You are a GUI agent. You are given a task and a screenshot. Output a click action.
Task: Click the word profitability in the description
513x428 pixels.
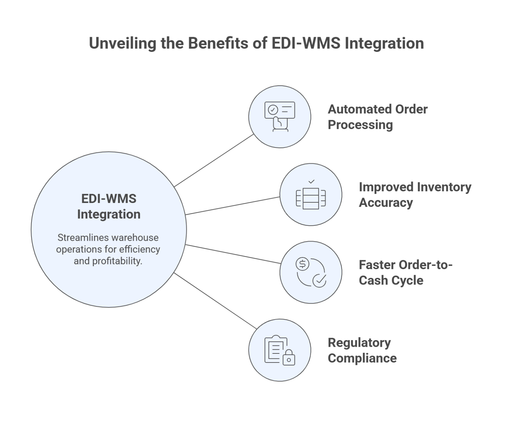[117, 261]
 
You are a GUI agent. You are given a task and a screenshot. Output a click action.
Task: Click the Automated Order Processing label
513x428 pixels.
[377, 117]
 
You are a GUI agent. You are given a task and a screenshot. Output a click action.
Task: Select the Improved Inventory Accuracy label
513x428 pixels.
[414, 195]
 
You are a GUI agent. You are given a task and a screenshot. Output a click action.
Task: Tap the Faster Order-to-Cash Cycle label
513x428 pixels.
[405, 273]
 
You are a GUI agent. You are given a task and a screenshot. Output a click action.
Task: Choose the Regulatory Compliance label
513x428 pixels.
[362, 350]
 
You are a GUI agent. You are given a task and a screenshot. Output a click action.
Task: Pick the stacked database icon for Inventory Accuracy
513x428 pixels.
[311, 199]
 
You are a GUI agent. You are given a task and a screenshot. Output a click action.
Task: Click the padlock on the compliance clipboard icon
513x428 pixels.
[289, 358]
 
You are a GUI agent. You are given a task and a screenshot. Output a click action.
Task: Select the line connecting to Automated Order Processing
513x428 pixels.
[214, 160]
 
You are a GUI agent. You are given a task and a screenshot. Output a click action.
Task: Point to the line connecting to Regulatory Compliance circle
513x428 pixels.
[214, 300]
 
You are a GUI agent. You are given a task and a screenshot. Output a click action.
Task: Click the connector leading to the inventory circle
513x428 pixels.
[232, 206]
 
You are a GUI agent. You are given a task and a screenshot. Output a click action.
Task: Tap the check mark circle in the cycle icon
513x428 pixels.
[319, 280]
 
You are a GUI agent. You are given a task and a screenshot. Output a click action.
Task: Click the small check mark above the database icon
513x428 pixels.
[311, 182]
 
